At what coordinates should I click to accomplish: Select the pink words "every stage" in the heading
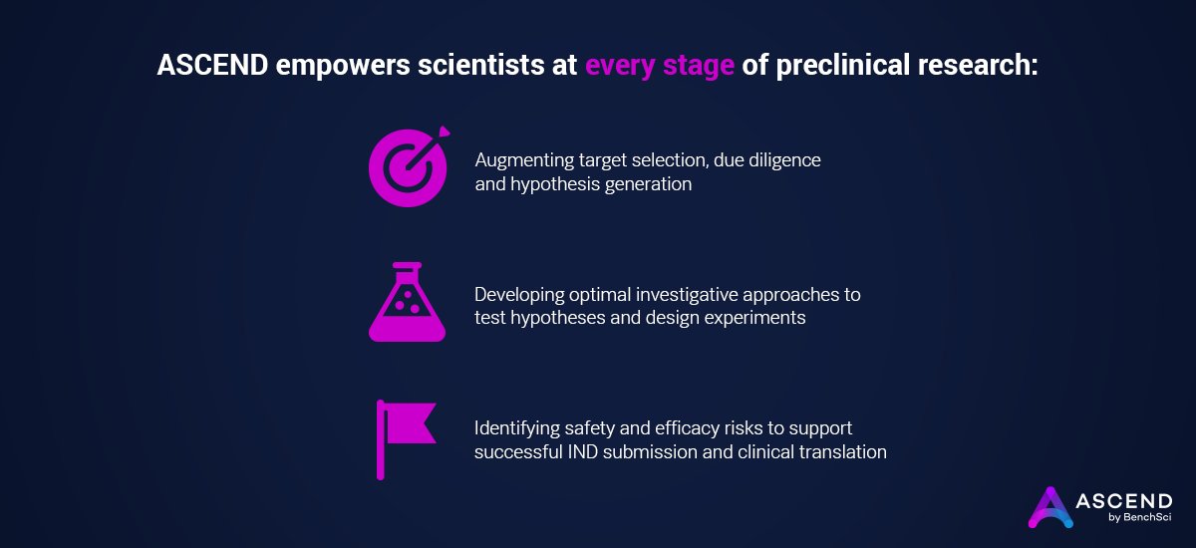tap(660, 66)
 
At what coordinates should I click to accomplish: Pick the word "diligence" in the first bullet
tap(782, 160)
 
